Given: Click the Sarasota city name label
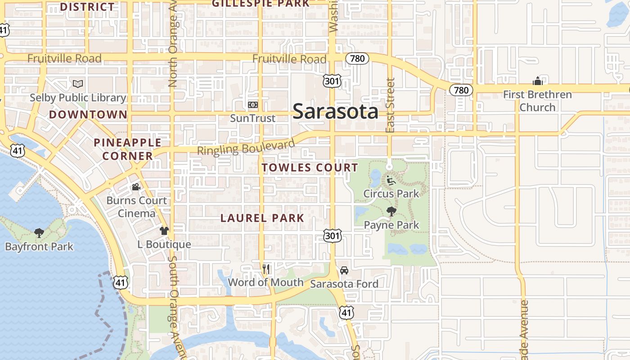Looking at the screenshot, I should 335,112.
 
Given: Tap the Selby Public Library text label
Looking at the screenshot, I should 78,98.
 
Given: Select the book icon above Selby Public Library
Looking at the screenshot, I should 78,84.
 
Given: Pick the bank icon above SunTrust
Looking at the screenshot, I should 252,105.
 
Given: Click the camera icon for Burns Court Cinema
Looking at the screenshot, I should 136,187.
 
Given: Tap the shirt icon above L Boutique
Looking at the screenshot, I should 164,231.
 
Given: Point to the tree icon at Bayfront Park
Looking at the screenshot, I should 39,233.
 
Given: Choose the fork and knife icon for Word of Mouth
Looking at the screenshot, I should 266,269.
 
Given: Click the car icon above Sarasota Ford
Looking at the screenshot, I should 344,270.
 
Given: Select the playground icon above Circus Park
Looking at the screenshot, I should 391,180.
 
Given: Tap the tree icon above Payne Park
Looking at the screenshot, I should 391,211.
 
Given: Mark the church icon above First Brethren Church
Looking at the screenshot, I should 537,81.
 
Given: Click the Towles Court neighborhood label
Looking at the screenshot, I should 310,168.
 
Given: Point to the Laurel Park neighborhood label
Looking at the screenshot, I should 262,218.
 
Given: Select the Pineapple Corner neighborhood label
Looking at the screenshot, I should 127,149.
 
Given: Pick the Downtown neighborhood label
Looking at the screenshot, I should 88,115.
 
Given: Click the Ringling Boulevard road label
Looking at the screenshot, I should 246,148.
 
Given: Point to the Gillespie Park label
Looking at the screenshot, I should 261,4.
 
